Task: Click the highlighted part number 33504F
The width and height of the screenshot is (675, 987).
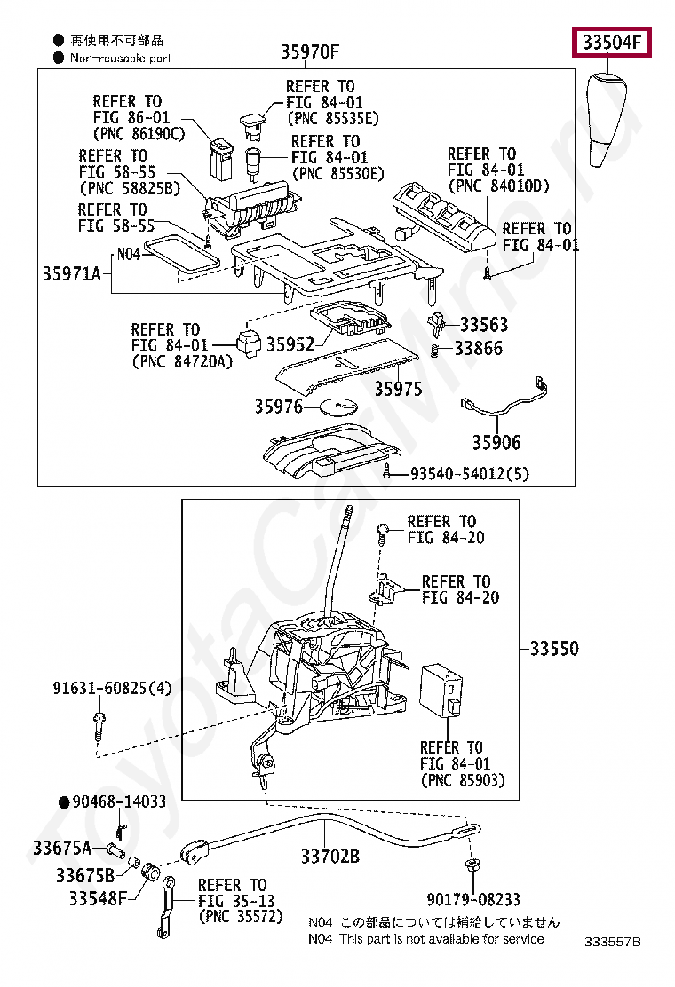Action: (611, 43)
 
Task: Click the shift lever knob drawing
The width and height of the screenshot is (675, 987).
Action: (607, 120)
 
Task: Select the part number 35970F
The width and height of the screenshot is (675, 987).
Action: (310, 51)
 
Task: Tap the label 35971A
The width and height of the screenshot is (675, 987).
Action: (72, 273)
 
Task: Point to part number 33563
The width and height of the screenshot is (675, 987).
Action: (483, 325)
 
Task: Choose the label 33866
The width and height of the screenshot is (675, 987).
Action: (479, 348)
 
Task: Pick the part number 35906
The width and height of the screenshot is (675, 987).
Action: (496, 443)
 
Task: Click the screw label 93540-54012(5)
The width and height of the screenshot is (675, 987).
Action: (470, 473)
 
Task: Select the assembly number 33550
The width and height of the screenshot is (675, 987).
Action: (554, 648)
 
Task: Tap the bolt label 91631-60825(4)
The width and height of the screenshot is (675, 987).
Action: (112, 688)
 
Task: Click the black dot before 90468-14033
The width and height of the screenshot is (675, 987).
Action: (64, 802)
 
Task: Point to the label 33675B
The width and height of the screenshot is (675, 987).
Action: (85, 875)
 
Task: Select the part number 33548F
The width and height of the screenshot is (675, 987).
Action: (99, 898)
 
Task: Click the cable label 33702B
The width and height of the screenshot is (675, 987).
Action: (330, 856)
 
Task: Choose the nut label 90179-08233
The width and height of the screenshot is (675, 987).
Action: (473, 899)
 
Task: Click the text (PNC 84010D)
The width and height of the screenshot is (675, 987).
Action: (498, 186)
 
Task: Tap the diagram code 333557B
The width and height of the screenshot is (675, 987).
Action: (612, 942)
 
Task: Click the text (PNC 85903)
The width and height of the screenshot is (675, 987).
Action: (463, 780)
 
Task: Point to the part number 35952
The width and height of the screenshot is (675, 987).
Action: (290, 344)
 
